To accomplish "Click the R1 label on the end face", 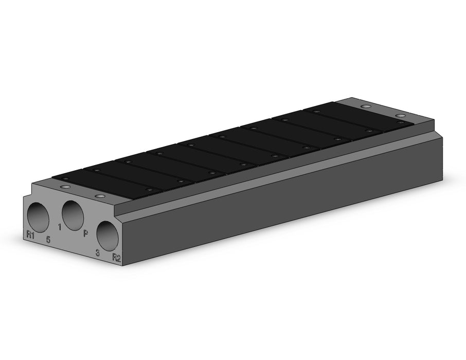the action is coord(30,235).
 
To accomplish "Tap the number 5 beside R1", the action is coord(48,240).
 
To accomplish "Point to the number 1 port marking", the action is coord(60,227).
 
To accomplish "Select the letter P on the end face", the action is coord(85,233).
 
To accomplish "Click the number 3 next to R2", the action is coord(98,253).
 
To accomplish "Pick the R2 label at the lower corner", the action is coord(116,258).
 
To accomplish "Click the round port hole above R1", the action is coord(38,218).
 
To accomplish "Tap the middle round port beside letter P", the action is coord(73,215).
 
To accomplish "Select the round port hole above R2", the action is coord(107,236).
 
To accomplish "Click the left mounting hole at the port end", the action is coord(65,187).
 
